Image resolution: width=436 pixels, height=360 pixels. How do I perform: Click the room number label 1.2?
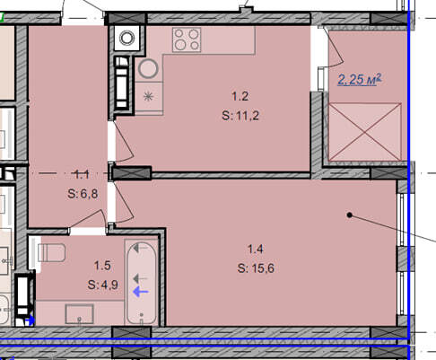[240, 96]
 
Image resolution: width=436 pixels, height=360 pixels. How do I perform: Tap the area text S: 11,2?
[240, 116]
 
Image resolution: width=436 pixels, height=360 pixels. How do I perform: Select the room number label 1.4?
[256, 249]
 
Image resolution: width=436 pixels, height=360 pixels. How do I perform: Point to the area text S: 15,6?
[256, 268]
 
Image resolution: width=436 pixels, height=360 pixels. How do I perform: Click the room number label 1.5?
[102, 266]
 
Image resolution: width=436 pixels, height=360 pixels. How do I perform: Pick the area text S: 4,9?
[103, 285]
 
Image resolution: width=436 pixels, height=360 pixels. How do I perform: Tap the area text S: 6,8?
[83, 194]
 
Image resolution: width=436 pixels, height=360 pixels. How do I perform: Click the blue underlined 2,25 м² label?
[360, 80]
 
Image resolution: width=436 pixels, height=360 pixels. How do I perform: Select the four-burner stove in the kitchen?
[187, 40]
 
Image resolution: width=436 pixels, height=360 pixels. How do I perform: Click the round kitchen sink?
[148, 69]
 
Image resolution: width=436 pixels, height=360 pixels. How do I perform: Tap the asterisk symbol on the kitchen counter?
[148, 97]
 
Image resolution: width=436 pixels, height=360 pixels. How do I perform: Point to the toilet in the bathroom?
[52, 252]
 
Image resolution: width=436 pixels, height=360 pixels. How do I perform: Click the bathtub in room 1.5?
[142, 283]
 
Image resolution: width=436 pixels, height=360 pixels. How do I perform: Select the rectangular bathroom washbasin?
[80, 314]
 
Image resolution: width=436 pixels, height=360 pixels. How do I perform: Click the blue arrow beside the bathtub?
[141, 292]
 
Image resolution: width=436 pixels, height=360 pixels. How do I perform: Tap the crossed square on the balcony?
[365, 132]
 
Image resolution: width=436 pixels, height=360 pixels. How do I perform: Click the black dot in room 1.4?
[349, 215]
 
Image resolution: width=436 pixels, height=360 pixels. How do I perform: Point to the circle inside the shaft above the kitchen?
[126, 38]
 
